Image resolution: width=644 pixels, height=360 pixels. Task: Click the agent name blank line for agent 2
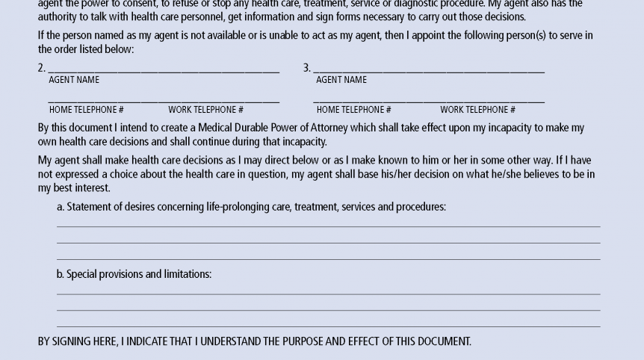pyautogui.click(x=164, y=72)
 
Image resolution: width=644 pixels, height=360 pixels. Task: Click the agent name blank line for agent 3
pyautogui.click(x=429, y=72)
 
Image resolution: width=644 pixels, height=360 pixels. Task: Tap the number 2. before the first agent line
pyautogui.click(x=42, y=68)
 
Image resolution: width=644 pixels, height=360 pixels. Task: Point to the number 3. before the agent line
pyautogui.click(x=306, y=68)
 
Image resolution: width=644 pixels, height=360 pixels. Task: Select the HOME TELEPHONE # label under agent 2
pyautogui.click(x=86, y=110)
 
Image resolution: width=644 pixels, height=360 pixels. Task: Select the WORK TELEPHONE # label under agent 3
pyautogui.click(x=477, y=110)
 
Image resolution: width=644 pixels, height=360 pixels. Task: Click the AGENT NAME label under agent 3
pyautogui.click(x=341, y=80)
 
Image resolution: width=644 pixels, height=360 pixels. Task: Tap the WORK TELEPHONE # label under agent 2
pyautogui.click(x=205, y=110)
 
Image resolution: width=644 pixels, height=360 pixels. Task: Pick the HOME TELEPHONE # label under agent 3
pyautogui.click(x=353, y=110)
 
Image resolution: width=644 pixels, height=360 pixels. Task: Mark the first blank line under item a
pyautogui.click(x=328, y=225)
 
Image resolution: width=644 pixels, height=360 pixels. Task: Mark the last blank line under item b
pyautogui.click(x=328, y=326)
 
